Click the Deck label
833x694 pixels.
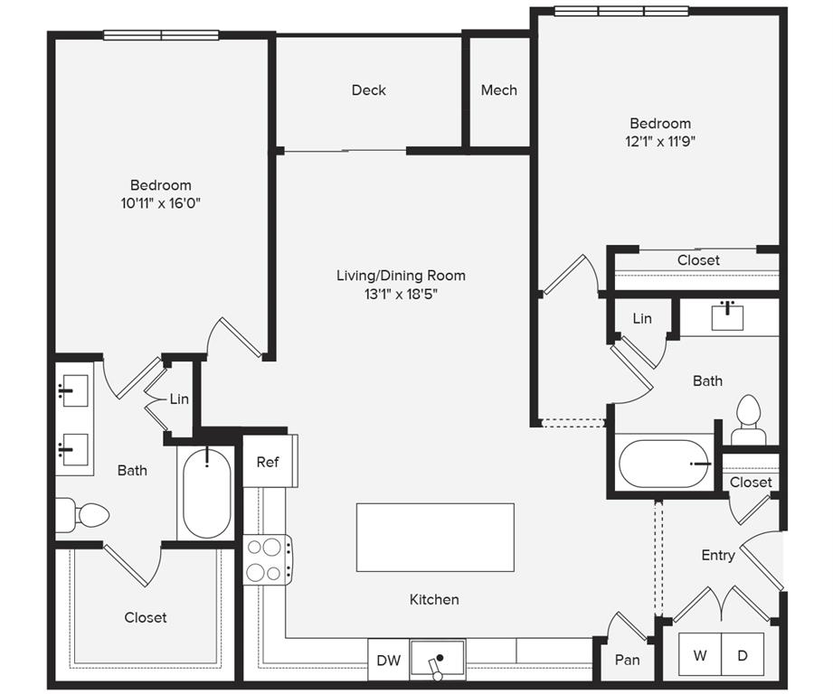click(x=368, y=90)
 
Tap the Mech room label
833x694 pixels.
click(x=498, y=90)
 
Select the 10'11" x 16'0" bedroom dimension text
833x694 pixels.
click(x=160, y=203)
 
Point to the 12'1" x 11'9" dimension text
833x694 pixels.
click(x=660, y=141)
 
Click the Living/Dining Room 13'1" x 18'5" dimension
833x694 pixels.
click(x=401, y=294)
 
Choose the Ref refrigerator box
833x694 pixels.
click(x=268, y=462)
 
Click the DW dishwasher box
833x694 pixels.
click(x=388, y=661)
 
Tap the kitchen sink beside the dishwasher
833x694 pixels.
click(x=437, y=660)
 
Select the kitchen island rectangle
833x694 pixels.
click(x=435, y=538)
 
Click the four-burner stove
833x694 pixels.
click(x=267, y=559)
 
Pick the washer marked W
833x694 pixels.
click(x=700, y=655)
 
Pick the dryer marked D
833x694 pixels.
click(x=743, y=655)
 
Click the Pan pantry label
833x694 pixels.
click(x=627, y=660)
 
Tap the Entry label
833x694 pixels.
click(x=718, y=555)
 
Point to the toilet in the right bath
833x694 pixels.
click(x=748, y=420)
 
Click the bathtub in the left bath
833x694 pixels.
click(x=207, y=492)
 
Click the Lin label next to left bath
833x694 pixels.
click(x=179, y=399)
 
